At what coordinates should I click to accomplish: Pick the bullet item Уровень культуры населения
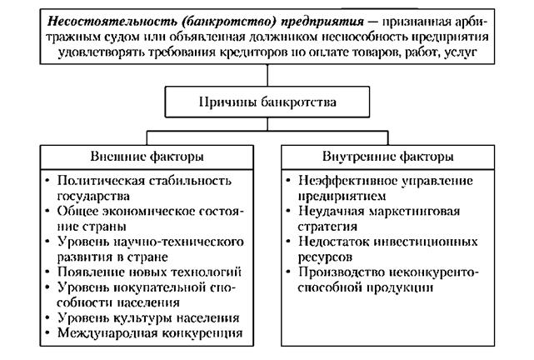coord(148,317)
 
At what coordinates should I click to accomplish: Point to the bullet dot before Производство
coord(288,272)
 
